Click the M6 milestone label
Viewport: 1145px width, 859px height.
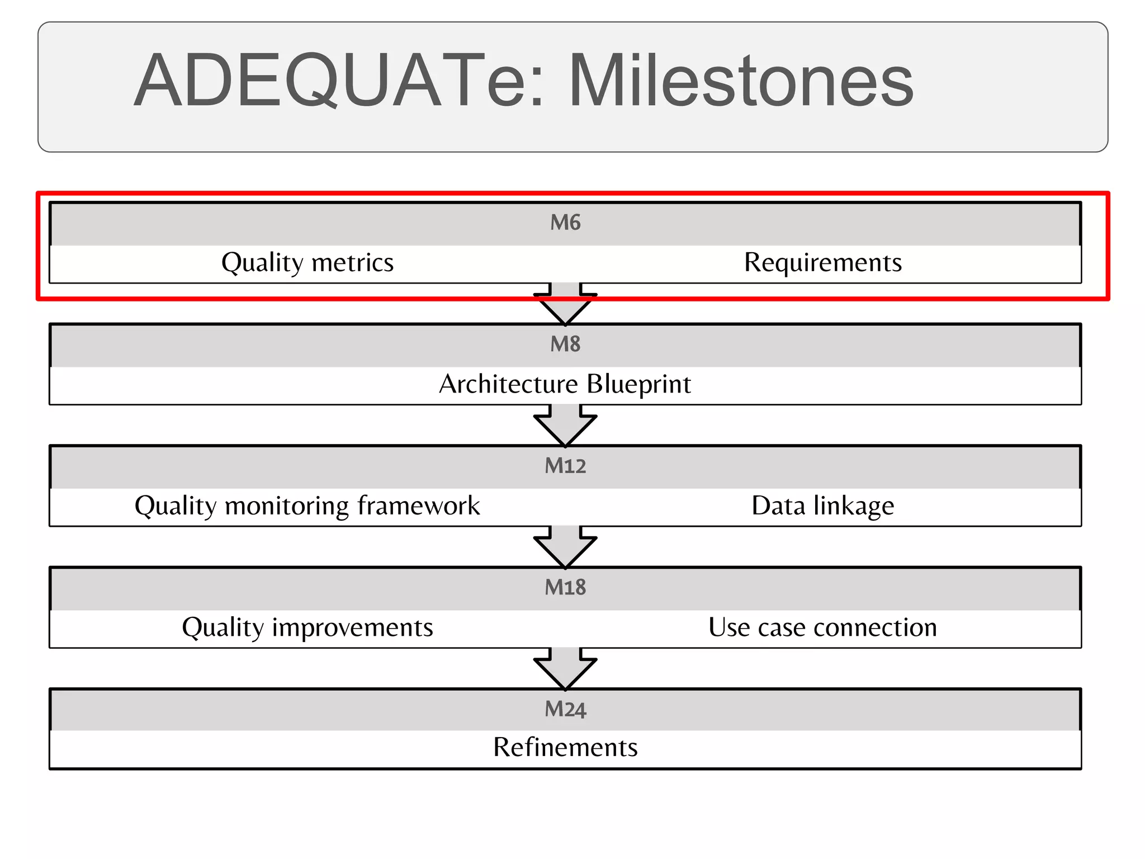(x=565, y=223)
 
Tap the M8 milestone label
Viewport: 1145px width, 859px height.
(x=565, y=344)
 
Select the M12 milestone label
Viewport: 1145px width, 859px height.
(x=565, y=466)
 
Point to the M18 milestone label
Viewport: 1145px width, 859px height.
(x=565, y=587)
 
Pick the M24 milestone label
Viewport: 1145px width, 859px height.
(x=565, y=709)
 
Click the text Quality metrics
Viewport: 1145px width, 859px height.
(x=307, y=262)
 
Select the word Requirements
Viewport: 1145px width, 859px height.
(x=822, y=262)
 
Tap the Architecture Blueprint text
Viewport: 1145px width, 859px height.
(x=565, y=384)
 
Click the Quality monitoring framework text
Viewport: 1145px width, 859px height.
(x=307, y=506)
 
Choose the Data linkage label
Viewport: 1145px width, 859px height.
(x=822, y=506)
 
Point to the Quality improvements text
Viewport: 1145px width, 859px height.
(x=307, y=627)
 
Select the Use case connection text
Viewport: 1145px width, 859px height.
(x=822, y=627)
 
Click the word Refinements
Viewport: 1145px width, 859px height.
(x=565, y=747)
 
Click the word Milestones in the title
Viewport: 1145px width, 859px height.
(x=741, y=81)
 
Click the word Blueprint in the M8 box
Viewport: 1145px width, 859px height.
(x=638, y=384)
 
